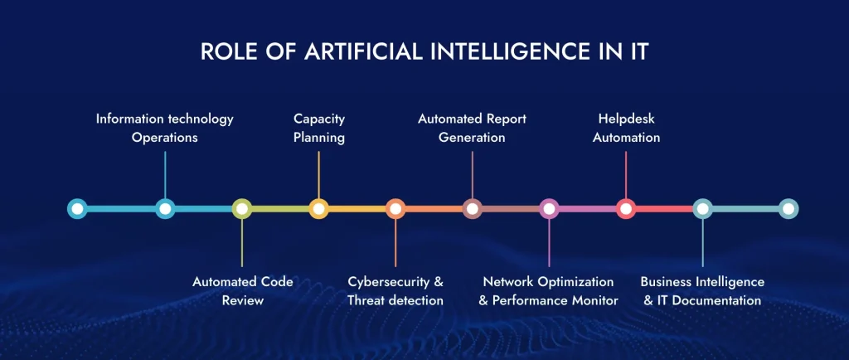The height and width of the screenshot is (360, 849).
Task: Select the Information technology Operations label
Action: point(165,128)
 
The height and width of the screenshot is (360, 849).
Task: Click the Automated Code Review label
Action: point(242,291)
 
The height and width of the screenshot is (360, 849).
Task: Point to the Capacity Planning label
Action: point(319,128)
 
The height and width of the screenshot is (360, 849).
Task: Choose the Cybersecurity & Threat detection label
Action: point(395,291)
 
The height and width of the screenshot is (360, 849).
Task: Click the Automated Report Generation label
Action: point(472,128)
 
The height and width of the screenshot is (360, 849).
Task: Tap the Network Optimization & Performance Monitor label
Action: point(548,291)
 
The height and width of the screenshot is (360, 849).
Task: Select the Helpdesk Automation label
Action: point(626,128)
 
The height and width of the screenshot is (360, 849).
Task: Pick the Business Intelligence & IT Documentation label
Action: point(702,291)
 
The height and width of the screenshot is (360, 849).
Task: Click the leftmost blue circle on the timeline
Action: point(77,208)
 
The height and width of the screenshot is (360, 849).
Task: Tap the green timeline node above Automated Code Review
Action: point(242,208)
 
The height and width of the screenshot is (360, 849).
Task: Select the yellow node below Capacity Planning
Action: point(319,208)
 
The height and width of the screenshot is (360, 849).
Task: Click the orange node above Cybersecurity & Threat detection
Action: point(395,208)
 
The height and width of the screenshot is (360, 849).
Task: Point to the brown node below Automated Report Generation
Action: point(472,208)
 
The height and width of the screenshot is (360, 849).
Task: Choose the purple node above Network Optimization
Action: point(549,208)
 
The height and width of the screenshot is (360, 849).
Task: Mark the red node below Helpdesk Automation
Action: point(626,208)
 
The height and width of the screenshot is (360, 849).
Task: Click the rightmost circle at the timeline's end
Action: point(788,208)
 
